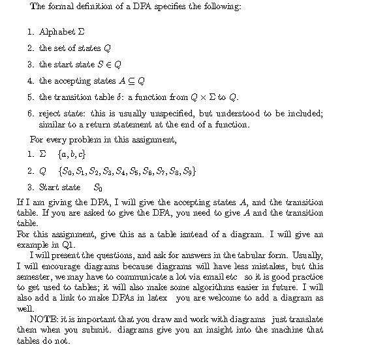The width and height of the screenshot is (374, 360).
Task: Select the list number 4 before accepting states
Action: point(30,81)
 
